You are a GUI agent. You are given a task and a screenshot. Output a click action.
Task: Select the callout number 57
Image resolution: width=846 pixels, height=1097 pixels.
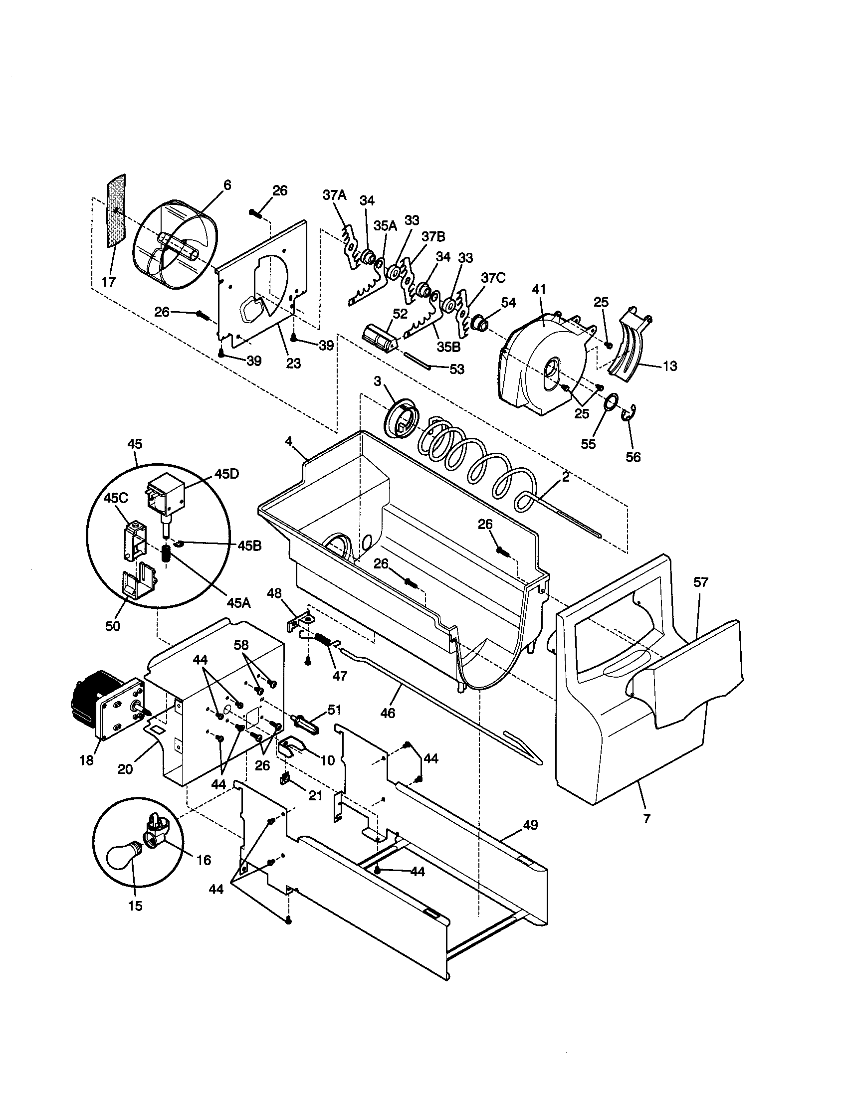click(x=700, y=582)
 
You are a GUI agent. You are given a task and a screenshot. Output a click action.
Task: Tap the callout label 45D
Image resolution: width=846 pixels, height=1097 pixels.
click(x=227, y=474)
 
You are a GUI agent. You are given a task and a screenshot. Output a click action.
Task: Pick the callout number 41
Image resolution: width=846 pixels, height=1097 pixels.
click(x=539, y=289)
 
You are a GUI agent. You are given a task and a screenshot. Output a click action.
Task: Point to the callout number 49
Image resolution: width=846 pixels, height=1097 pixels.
click(x=531, y=825)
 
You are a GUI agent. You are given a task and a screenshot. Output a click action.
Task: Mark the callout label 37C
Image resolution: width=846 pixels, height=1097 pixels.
click(x=493, y=278)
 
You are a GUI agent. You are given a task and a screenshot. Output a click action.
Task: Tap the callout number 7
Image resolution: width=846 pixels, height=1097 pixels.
click(x=646, y=818)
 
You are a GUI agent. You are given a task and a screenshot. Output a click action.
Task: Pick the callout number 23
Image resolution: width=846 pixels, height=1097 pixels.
click(x=293, y=363)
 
